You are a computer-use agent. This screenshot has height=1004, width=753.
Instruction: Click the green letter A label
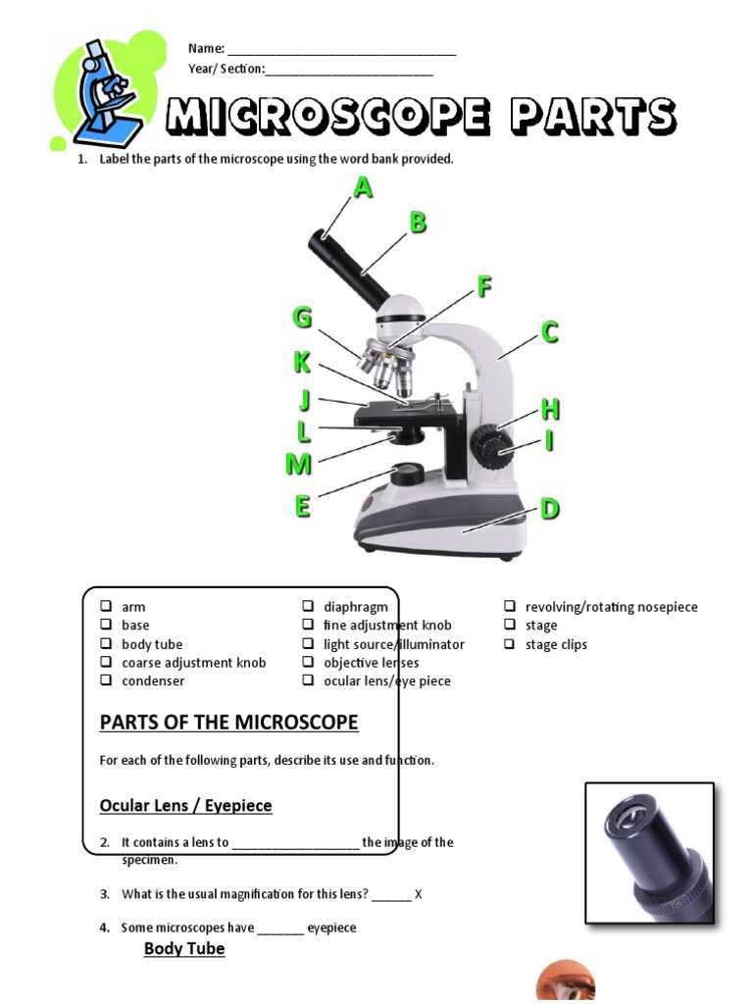point(363,187)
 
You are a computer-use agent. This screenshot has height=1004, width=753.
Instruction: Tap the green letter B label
point(418,223)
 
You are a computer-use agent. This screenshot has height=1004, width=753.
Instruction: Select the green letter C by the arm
point(550,333)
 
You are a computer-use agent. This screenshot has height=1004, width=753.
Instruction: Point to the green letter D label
point(550,509)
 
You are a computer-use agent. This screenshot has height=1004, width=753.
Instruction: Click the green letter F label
point(483,287)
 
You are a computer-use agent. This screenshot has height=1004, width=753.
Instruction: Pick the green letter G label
point(302,319)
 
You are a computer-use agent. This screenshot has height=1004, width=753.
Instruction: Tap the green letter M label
point(298,464)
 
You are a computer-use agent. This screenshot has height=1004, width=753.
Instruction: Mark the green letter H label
point(550,409)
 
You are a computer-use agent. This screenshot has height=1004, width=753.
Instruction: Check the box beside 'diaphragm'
point(308,607)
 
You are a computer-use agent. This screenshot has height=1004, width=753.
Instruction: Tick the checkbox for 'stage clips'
point(510,644)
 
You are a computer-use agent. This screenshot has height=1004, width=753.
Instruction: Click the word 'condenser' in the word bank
point(153,680)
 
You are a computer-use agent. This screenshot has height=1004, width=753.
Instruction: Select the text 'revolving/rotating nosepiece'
point(611,607)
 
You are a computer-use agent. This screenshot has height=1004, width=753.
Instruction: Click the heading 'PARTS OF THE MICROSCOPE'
point(228,724)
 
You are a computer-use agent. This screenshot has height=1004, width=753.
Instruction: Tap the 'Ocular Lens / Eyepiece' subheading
point(185,806)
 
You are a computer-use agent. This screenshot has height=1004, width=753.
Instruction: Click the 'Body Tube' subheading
point(184,949)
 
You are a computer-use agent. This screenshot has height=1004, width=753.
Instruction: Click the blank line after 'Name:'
point(341,49)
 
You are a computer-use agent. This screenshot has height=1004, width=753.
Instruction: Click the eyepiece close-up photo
point(649,854)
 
